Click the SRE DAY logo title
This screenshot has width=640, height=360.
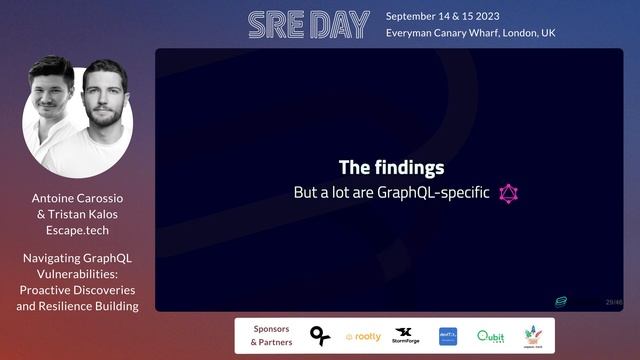point(308,25)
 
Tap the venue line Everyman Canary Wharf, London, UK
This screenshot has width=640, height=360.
point(470,33)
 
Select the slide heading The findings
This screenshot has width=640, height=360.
point(391,168)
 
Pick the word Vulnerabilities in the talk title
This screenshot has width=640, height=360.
point(78,274)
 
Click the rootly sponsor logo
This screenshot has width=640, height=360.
point(363,337)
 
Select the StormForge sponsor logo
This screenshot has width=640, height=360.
point(406,336)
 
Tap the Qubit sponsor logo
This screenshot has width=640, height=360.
point(490,337)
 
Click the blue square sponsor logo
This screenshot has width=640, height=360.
point(448,336)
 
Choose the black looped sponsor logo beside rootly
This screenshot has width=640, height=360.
point(320,336)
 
